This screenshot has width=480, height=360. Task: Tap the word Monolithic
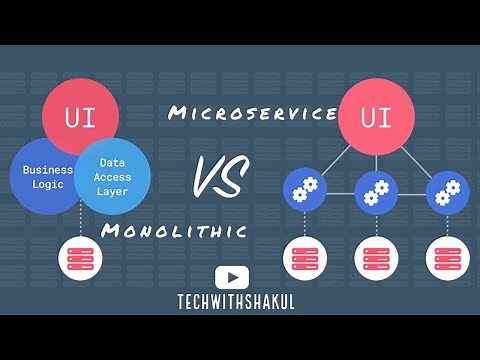pyautogui.click(x=174, y=231)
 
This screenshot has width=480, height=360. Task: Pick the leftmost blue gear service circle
pyautogui.click(x=301, y=189)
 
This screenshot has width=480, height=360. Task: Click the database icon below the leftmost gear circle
pyautogui.click(x=301, y=255)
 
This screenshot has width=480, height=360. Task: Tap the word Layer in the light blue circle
pyautogui.click(x=111, y=189)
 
